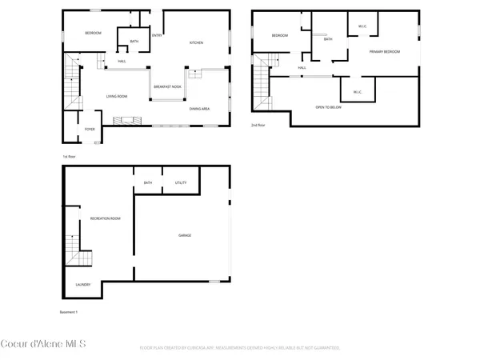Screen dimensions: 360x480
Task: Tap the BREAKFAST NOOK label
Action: click(x=167, y=87)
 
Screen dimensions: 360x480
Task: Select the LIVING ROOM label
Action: click(x=118, y=97)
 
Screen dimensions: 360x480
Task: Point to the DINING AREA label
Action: click(x=199, y=108)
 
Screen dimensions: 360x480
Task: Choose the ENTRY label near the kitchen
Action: click(x=158, y=34)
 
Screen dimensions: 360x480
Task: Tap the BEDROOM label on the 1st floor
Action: click(x=94, y=33)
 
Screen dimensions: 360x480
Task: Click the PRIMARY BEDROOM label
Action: click(x=384, y=52)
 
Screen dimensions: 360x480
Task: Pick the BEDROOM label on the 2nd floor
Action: click(x=279, y=36)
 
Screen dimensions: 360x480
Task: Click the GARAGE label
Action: click(x=184, y=235)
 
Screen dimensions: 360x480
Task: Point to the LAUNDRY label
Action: click(x=83, y=285)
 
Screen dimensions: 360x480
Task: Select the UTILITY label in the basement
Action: click(x=181, y=183)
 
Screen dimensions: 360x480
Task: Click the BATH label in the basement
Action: click(x=148, y=183)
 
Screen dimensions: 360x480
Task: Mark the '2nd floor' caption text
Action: click(x=258, y=126)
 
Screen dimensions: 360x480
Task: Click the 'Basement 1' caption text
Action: click(x=70, y=311)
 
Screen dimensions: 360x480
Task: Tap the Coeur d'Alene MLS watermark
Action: click(x=43, y=345)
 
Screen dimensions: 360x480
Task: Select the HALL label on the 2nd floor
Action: click(x=302, y=68)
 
